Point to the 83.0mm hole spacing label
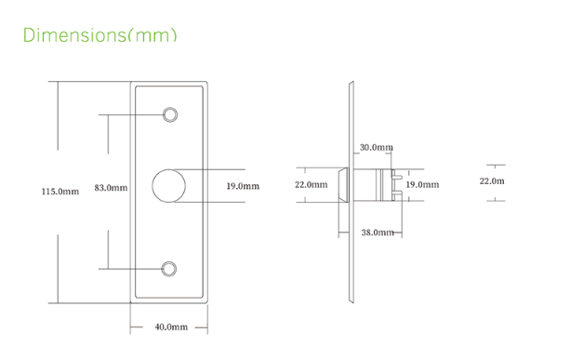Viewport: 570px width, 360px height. (x=111, y=188)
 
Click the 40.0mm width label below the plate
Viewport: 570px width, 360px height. (x=171, y=327)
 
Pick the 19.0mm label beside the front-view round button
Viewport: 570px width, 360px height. (x=243, y=186)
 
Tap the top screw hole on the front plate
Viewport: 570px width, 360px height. (x=169, y=114)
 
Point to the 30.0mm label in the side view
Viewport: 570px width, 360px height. (x=376, y=148)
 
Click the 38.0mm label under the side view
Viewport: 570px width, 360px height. (x=377, y=233)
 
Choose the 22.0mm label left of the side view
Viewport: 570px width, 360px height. (x=312, y=185)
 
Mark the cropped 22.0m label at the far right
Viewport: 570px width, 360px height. (x=492, y=180)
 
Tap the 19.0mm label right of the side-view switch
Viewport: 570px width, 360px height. (x=422, y=185)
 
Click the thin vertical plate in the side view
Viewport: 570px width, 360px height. (x=351, y=192)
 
